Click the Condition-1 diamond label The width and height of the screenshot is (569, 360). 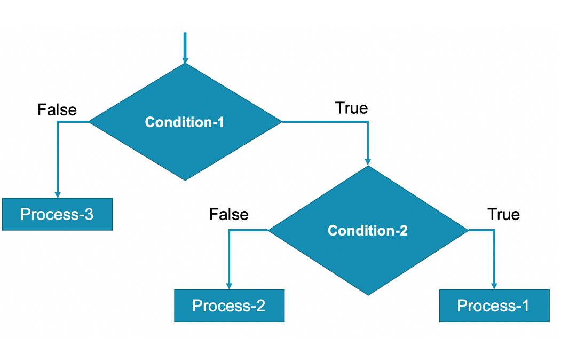pyautogui.click(x=185, y=122)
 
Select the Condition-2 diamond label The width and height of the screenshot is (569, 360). pyautogui.click(x=367, y=231)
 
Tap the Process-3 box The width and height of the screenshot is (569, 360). pyautogui.click(x=57, y=214)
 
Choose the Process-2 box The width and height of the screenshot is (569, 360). pyautogui.click(x=229, y=306)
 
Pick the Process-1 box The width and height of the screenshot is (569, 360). pyautogui.click(x=494, y=306)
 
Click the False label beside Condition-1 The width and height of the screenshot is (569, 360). pyautogui.click(x=57, y=109)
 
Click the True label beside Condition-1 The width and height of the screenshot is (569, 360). pyautogui.click(x=351, y=108)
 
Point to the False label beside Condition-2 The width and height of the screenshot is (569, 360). pyautogui.click(x=228, y=214)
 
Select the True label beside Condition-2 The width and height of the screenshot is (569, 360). pyautogui.click(x=503, y=214)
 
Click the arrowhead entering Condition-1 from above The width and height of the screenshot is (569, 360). pyautogui.click(x=185, y=60)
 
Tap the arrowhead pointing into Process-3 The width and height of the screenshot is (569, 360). pyautogui.click(x=57, y=194)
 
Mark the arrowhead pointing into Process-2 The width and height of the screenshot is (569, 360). pyautogui.click(x=229, y=286)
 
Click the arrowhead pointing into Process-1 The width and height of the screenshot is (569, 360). pyautogui.click(x=494, y=286)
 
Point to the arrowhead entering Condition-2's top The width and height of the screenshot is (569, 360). pyautogui.click(x=367, y=161)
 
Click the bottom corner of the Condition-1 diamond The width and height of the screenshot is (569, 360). pyautogui.click(x=185, y=180)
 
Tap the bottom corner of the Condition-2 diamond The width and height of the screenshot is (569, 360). pyautogui.click(x=367, y=294)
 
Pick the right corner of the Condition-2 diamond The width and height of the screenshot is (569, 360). pyautogui.click(x=467, y=230)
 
